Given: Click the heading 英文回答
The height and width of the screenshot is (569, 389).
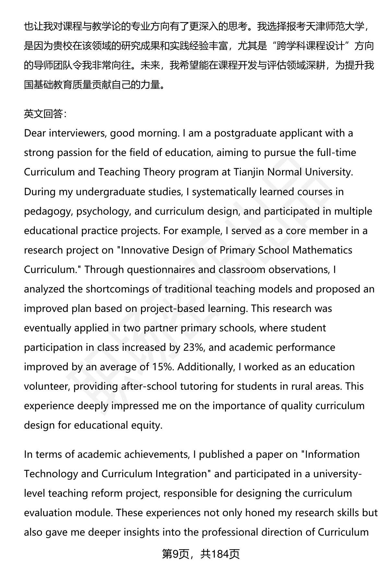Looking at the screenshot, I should tap(45, 114).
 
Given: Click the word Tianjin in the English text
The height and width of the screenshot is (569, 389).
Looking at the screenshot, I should tap(249, 172).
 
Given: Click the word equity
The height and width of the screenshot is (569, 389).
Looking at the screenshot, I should tap(147, 425).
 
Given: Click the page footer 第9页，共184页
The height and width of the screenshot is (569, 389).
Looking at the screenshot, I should tap(201, 554).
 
